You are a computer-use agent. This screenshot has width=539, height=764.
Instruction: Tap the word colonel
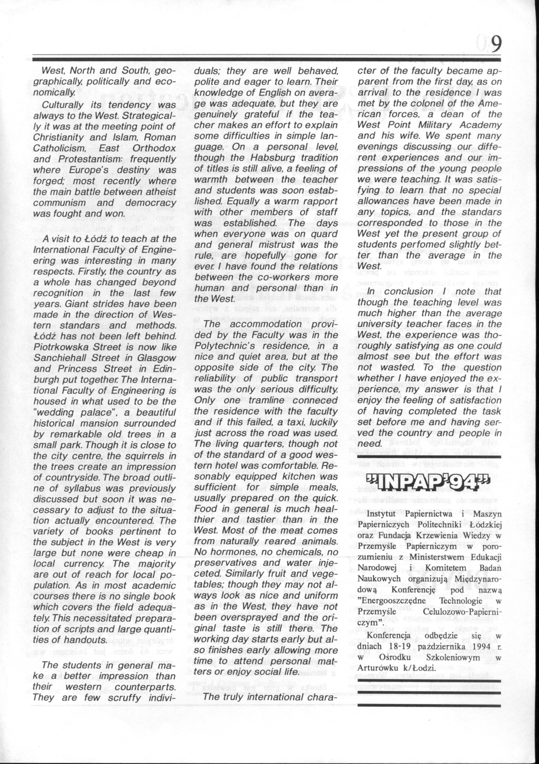click(422, 103)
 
